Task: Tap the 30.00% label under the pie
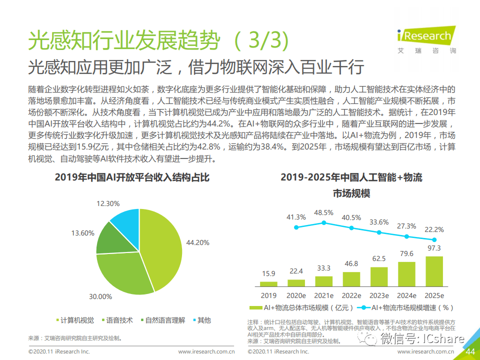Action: pyautogui.click(x=100, y=296)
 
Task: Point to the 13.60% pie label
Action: pyautogui.click(x=82, y=233)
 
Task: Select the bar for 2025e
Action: pyautogui.click(x=434, y=270)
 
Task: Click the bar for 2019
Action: pyautogui.click(x=269, y=282)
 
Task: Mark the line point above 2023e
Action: pyautogui.click(x=379, y=232)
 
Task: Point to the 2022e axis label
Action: pyautogui.click(x=351, y=296)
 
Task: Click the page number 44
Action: pyautogui.click(x=470, y=352)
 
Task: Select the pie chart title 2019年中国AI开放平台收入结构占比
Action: pyautogui.click(x=132, y=178)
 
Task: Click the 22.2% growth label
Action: pyautogui.click(x=434, y=229)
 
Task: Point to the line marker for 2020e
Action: pyautogui.click(x=296, y=227)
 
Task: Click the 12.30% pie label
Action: pyautogui.click(x=108, y=203)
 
